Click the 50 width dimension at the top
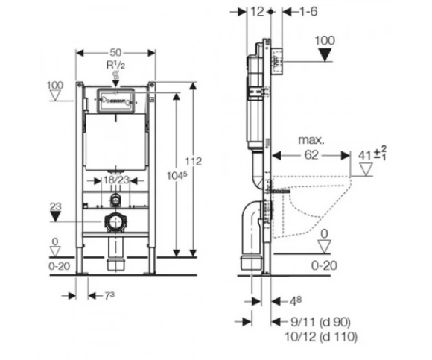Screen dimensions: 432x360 pos(115,52)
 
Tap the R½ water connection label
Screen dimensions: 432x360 pos(115,65)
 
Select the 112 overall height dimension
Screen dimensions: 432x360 pos(194,161)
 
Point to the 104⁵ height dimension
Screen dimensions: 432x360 pos(177,175)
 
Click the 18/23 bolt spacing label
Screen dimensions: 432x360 pos(116,180)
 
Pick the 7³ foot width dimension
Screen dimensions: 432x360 pos(109,296)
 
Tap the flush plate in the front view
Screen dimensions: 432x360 pos(115,101)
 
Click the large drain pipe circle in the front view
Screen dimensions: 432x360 pos(115,221)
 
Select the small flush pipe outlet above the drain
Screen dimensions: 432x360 pos(115,199)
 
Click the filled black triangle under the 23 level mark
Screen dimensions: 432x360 pos(56,217)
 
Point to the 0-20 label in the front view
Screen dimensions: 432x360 pos(60,266)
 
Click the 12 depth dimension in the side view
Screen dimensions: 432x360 pos(258,12)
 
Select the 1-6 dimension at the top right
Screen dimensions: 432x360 pos(308,12)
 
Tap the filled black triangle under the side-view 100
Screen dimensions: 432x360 pos(325,54)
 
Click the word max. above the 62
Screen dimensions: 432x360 pos(311,140)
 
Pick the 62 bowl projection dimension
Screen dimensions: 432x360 pos(311,155)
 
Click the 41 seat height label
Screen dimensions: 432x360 pos(372,154)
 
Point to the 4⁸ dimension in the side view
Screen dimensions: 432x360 pos(295,301)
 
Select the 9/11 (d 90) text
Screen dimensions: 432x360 pos(321,322)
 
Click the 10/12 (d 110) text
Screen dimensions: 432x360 pos(321,337)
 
